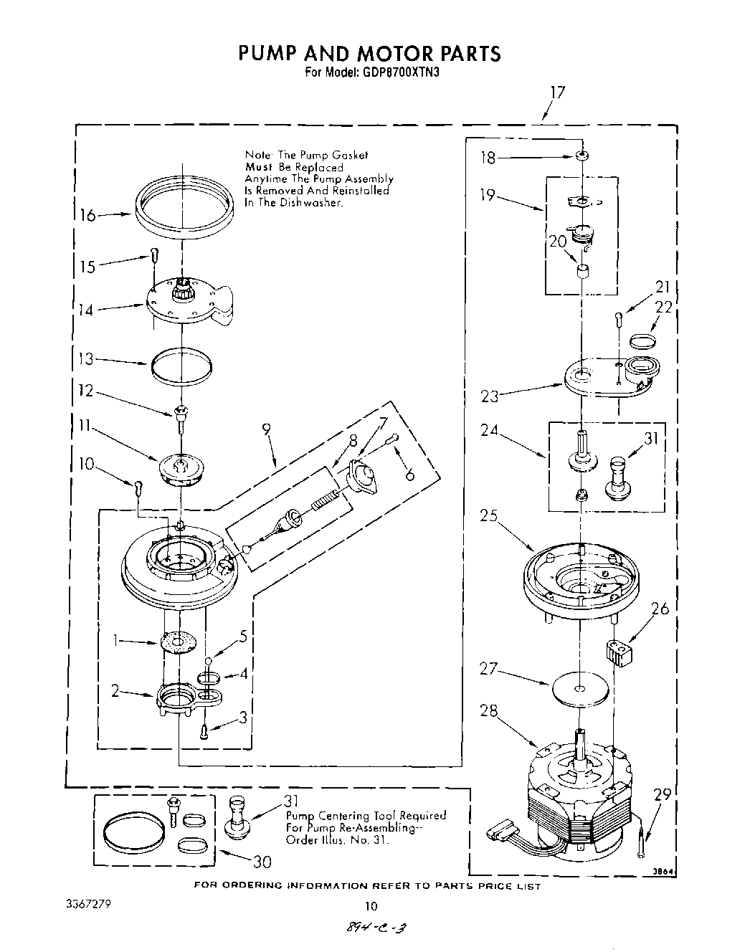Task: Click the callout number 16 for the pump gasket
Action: click(x=87, y=215)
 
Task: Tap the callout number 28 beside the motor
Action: click(x=489, y=711)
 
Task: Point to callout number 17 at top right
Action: click(x=557, y=92)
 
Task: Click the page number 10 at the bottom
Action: click(x=371, y=905)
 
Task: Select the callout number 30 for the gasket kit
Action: click(x=262, y=861)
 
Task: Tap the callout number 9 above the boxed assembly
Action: click(x=267, y=431)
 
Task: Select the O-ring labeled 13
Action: click(x=182, y=364)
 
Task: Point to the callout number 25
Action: click(x=489, y=516)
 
